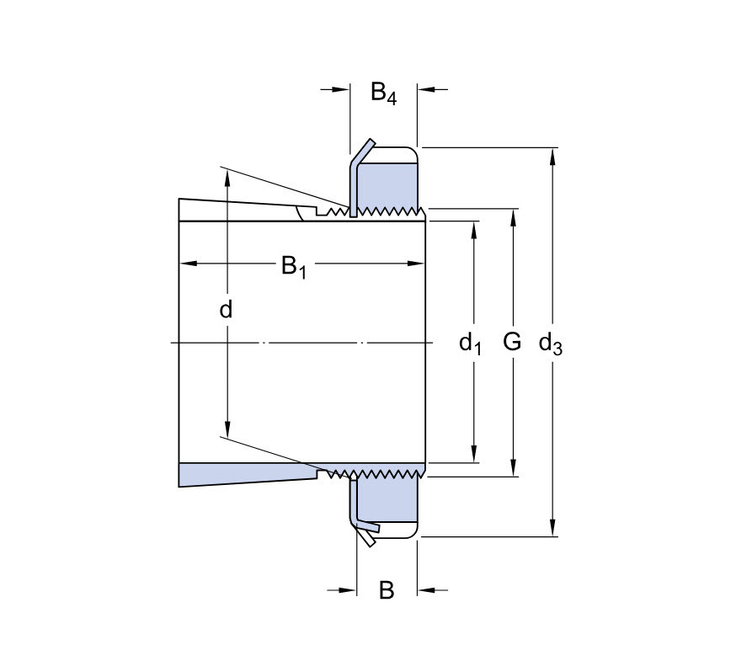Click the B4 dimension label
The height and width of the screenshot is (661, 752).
pos(383,92)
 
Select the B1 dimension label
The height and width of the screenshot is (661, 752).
pos(293,267)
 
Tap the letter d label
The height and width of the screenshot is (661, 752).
pos(226,310)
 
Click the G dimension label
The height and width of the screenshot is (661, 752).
pos(512,342)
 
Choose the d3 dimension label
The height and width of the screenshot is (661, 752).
pos(550,344)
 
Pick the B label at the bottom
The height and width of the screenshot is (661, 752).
pos(387,590)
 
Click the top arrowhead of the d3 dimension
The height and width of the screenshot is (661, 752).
pos(553,154)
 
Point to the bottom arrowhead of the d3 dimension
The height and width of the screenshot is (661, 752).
pos(553,530)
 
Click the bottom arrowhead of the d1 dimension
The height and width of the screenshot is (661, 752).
pos(475,456)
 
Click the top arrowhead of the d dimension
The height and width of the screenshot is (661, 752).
pos(226,174)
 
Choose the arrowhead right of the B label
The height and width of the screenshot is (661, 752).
pos(425,589)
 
